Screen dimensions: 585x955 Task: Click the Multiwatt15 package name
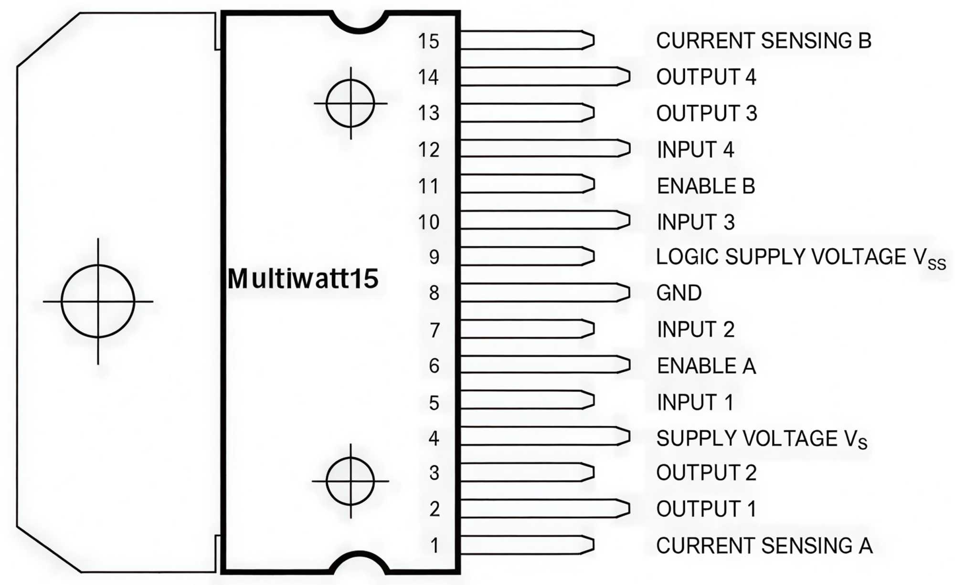point(303,279)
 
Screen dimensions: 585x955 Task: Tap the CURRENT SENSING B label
point(764,41)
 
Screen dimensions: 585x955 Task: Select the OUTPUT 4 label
point(706,77)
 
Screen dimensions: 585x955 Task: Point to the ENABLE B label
point(706,186)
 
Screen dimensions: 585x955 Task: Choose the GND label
point(679,293)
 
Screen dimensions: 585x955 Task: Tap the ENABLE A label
point(706,366)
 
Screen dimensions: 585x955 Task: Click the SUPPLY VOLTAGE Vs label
point(761,439)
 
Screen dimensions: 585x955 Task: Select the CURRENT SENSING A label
point(764,545)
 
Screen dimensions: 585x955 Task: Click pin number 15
point(428,42)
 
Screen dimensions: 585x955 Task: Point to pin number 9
point(434,257)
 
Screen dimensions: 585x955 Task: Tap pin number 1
point(434,545)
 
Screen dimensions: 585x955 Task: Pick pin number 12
point(428,150)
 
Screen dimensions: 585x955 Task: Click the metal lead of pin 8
point(544,292)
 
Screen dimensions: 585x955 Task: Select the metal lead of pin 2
point(544,509)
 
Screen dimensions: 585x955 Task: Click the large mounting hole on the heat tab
point(98,302)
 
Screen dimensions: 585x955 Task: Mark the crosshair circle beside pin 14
point(350,103)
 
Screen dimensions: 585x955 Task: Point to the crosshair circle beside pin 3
point(350,481)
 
